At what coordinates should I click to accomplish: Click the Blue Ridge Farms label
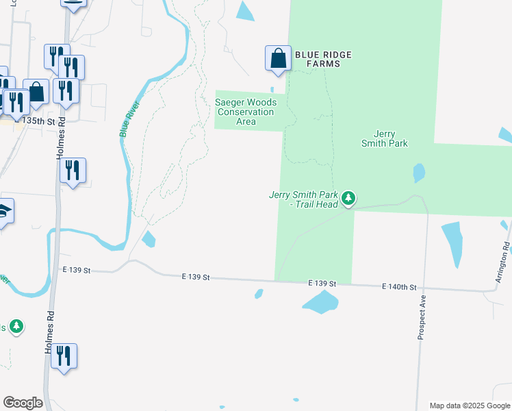[x=317, y=58]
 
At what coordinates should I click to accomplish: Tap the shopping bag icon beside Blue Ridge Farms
[x=279, y=58]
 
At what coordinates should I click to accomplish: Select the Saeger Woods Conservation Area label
[x=246, y=112]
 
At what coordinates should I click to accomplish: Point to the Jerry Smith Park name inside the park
[x=385, y=138]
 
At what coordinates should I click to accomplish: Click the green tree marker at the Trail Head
[x=349, y=199]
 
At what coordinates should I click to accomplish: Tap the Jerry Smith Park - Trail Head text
[x=304, y=199]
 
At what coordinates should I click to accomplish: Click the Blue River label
[x=129, y=119]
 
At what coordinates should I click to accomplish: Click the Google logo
[x=23, y=403]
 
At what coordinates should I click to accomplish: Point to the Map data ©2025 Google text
[x=470, y=406]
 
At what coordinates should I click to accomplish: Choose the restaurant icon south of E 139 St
[x=64, y=356]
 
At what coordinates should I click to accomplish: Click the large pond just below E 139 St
[x=320, y=301]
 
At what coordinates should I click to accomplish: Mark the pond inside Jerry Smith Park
[x=419, y=173]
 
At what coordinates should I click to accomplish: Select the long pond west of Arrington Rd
[x=453, y=244]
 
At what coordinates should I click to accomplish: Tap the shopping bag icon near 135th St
[x=36, y=92]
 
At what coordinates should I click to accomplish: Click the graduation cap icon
[x=4, y=212]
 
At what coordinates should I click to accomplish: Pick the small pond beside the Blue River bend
[x=149, y=239]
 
